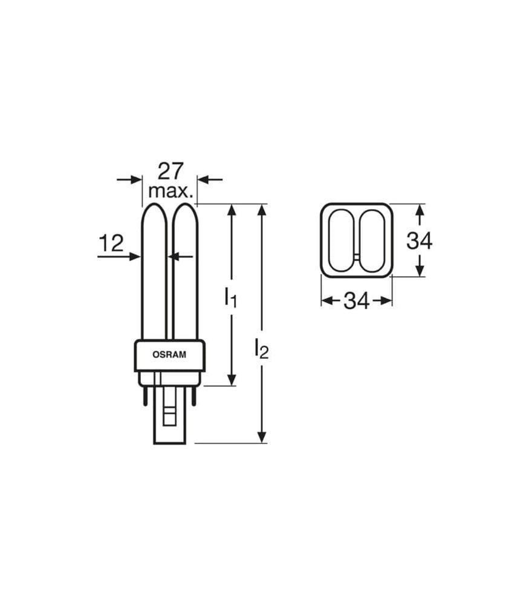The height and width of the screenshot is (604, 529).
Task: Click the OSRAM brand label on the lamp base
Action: click(169, 355)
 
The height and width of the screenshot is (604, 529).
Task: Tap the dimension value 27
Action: click(171, 172)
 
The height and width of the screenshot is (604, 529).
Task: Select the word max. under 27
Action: click(170, 191)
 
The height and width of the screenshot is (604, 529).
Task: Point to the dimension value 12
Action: click(111, 243)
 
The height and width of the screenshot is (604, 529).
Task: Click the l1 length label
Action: click(230, 297)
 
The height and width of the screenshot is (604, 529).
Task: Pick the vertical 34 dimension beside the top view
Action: click(420, 241)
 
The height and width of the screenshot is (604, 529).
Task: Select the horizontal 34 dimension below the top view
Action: click(357, 301)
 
